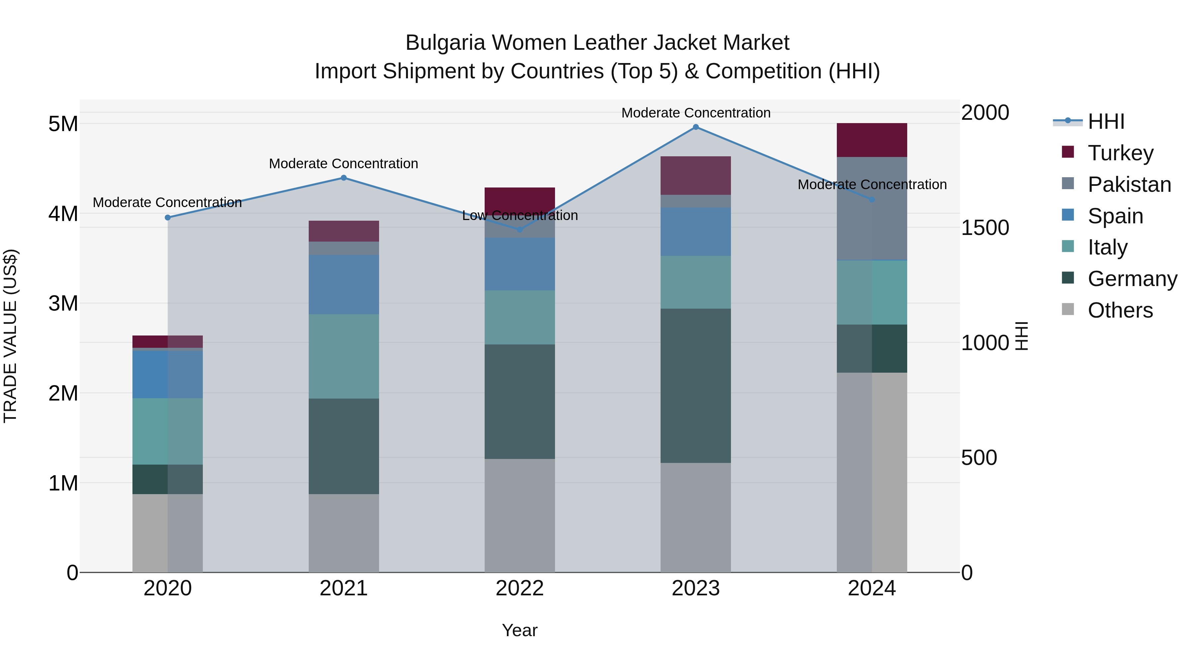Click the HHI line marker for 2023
coord(695,127)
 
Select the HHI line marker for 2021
coord(344,178)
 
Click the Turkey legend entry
coord(1120,153)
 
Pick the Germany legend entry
coord(1132,279)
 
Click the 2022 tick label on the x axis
coord(519,588)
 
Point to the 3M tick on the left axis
coord(63,303)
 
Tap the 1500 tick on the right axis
coord(985,228)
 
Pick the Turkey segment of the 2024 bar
coord(872,140)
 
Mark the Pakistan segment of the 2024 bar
coord(872,209)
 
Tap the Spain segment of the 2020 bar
coord(168,374)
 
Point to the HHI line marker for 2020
coord(168,217)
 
